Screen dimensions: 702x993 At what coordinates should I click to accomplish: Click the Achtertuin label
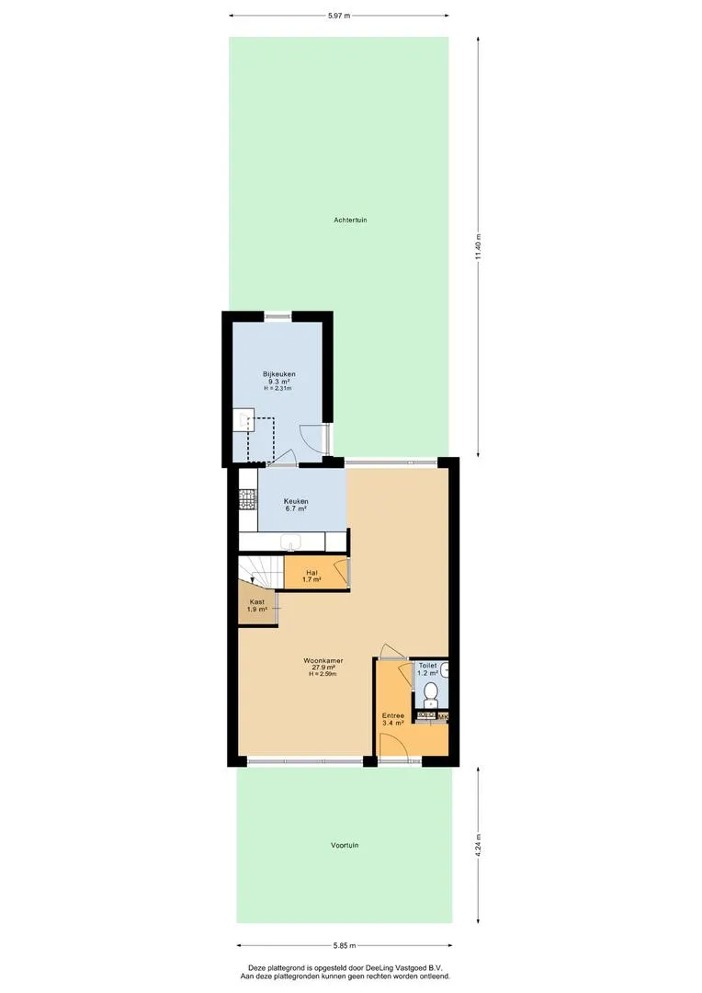click(x=350, y=221)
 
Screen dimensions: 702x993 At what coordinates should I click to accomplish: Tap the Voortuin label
click(x=345, y=846)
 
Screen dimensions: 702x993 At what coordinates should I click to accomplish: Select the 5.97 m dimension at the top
click(x=339, y=16)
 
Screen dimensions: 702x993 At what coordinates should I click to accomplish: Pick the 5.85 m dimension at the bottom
click(x=345, y=946)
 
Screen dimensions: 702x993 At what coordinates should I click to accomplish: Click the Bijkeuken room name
click(x=279, y=374)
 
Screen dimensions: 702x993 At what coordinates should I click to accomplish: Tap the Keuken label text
click(x=296, y=502)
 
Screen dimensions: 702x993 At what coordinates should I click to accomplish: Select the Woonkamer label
click(x=323, y=660)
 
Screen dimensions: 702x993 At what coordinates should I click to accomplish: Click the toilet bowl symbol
click(x=431, y=693)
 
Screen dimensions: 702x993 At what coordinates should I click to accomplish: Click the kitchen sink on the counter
click(x=292, y=542)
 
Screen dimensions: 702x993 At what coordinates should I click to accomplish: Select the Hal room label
click(x=311, y=573)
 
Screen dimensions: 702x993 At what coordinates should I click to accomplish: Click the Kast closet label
click(x=257, y=601)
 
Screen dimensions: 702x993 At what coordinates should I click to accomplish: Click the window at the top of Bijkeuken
click(x=277, y=316)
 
